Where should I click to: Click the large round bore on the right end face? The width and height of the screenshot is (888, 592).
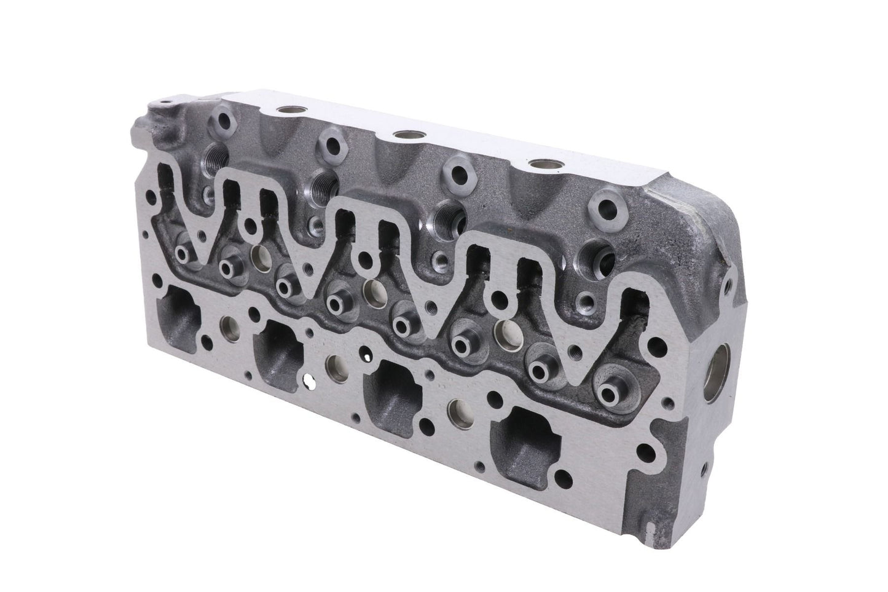tap(719, 369)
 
